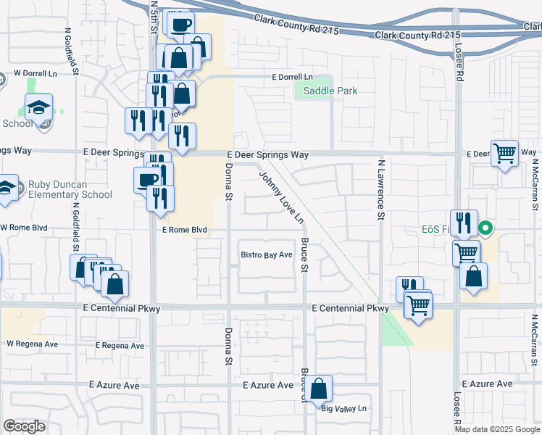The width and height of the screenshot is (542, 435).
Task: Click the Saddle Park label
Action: click(x=330, y=91)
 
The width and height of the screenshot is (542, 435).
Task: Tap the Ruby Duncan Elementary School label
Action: click(x=70, y=189)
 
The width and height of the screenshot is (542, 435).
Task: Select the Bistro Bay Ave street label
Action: click(x=267, y=255)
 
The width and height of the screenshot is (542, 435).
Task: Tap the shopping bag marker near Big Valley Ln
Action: click(x=318, y=389)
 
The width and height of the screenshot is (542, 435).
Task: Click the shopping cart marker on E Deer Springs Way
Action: click(x=504, y=153)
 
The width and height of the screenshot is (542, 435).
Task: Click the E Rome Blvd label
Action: click(x=185, y=230)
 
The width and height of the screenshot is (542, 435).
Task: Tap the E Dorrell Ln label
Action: click(x=292, y=77)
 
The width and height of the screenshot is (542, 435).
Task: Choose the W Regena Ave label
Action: click(x=32, y=343)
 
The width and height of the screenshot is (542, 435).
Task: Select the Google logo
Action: click(x=24, y=426)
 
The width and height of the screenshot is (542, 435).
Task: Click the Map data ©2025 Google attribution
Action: click(x=497, y=428)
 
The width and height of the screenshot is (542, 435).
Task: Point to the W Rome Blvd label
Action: click(x=23, y=228)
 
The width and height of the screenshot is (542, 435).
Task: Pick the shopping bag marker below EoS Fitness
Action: click(x=473, y=276)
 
